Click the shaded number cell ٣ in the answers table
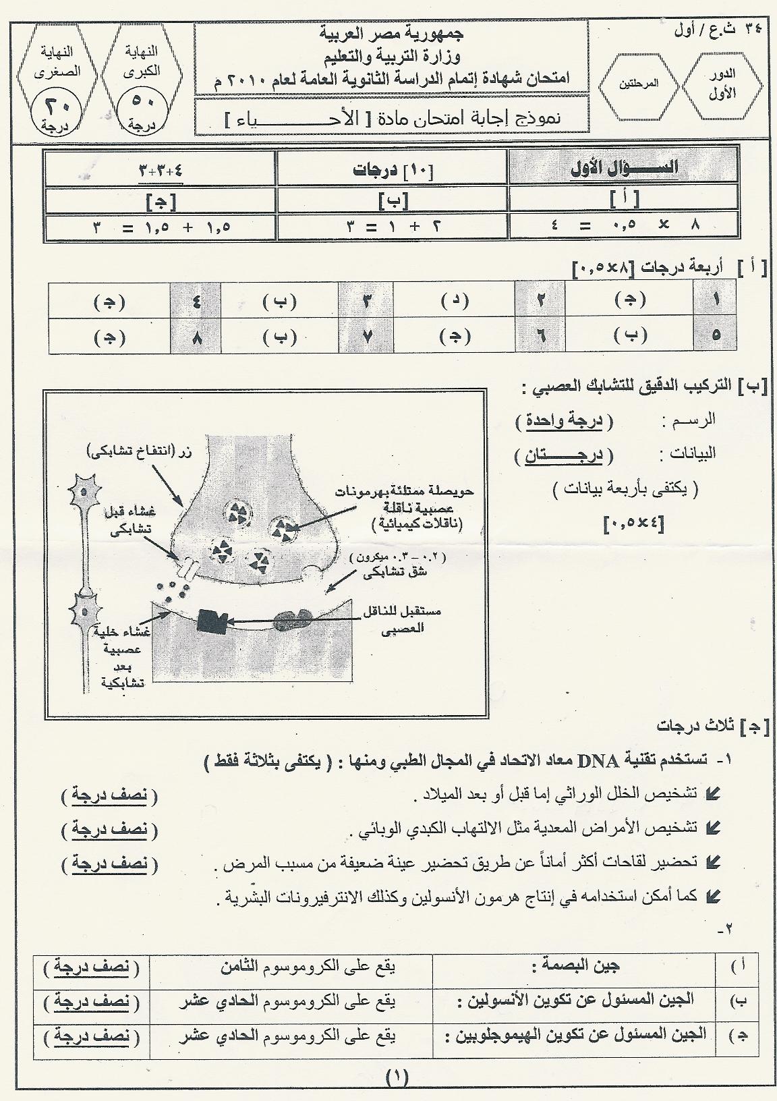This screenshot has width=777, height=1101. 367,300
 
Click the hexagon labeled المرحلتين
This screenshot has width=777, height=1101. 637,86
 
